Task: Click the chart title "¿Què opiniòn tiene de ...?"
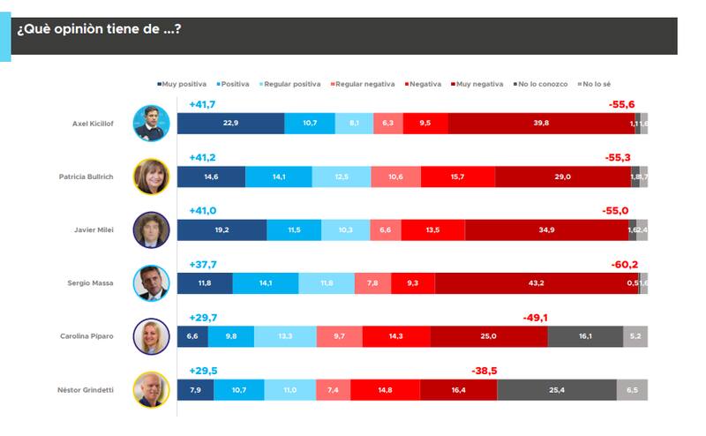coord(99,28)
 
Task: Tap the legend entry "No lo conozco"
coord(539,84)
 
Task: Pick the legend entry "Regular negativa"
coord(364,84)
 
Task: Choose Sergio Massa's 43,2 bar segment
coord(536,283)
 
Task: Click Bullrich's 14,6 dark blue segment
coord(211,177)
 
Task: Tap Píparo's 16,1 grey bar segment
coord(585,336)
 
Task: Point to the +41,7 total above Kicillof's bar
coord(202,105)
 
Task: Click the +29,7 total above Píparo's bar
coord(203,318)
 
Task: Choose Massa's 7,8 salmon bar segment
coord(372,283)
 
